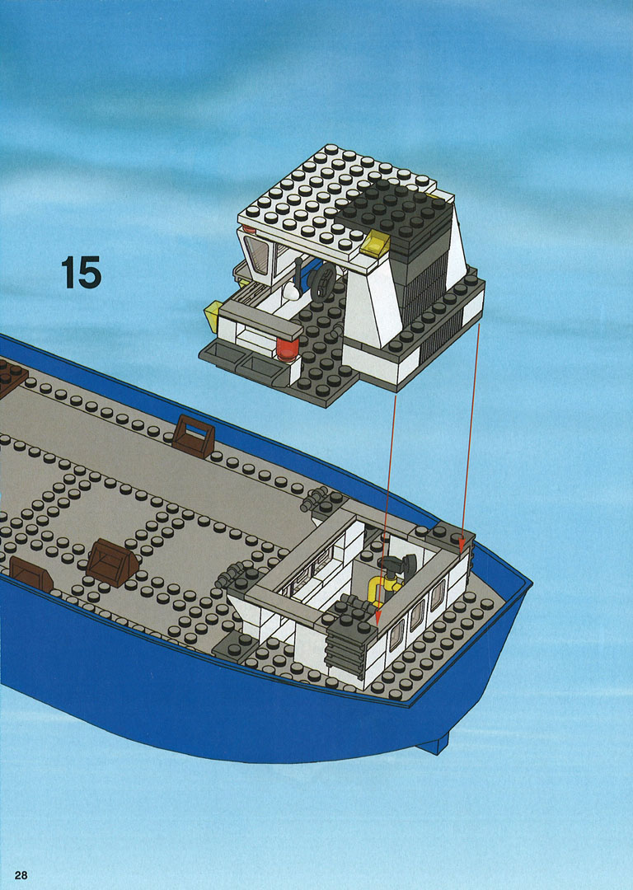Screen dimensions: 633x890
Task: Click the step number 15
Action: [81, 273]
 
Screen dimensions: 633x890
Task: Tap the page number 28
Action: [21, 874]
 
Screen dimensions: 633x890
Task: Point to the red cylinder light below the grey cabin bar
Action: [288, 349]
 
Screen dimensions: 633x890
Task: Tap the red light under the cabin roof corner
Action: [249, 229]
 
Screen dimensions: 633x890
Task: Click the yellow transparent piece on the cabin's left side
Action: [213, 317]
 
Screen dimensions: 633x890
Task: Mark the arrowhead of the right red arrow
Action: [462, 544]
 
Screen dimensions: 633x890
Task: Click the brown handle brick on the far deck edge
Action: [193, 436]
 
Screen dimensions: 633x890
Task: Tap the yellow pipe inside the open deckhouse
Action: [383, 589]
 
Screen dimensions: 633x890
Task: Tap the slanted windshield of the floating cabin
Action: [256, 254]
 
